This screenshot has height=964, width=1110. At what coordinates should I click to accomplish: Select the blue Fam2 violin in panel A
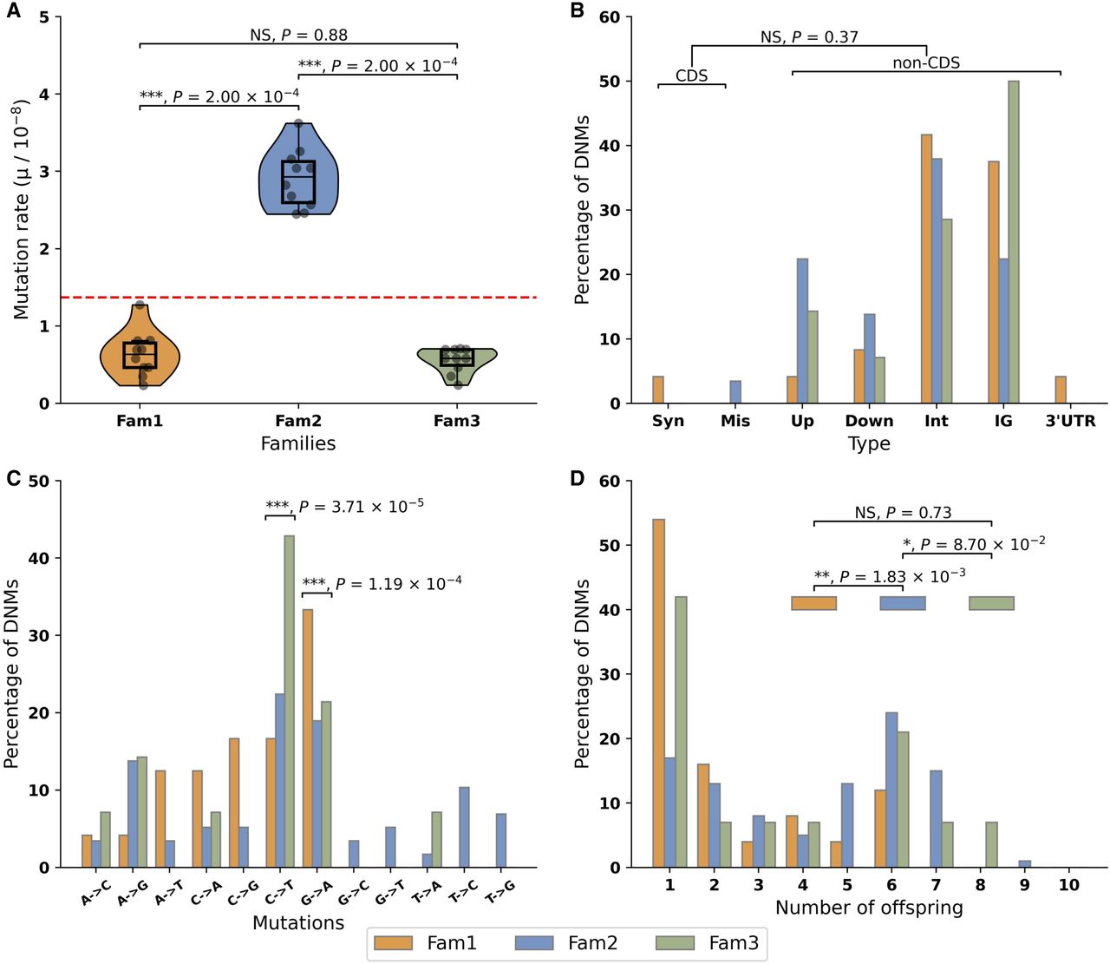click(x=298, y=174)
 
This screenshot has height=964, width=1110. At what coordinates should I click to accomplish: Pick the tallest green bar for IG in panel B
click(x=1014, y=243)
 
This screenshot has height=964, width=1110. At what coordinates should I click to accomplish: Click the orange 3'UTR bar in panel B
click(x=1060, y=390)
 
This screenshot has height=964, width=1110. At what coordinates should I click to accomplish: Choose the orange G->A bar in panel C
click(x=307, y=738)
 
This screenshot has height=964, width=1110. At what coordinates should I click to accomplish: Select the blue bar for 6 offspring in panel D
click(x=891, y=790)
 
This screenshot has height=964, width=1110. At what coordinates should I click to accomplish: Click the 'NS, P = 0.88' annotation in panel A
click(x=298, y=36)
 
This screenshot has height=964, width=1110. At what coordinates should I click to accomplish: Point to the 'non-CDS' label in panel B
click(x=926, y=63)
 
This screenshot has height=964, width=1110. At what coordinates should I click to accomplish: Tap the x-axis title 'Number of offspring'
click(x=869, y=908)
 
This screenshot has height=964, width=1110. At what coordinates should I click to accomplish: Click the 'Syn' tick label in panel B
click(x=668, y=421)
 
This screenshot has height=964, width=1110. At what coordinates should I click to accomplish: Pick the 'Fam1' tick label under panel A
click(x=140, y=421)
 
